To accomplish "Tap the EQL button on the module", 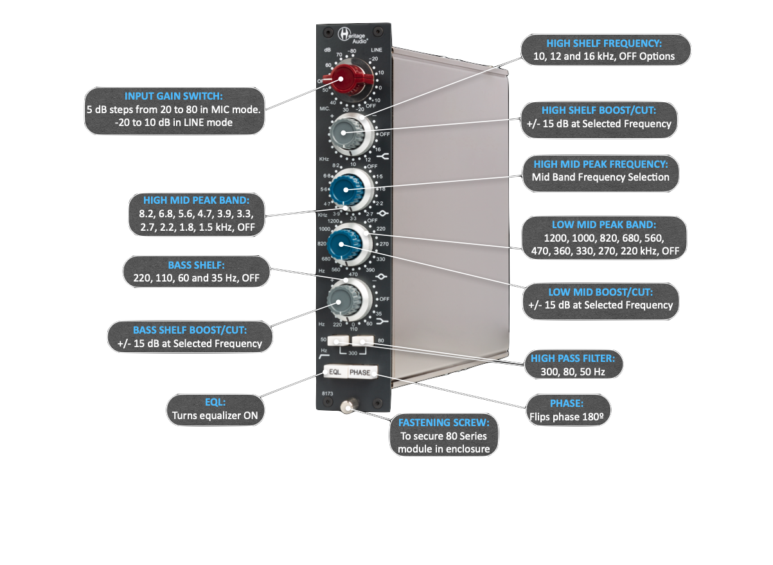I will (x=335, y=372).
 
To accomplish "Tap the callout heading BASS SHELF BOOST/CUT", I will (x=189, y=330).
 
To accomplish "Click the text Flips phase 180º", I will (x=566, y=416).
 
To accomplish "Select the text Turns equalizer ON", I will (x=215, y=415).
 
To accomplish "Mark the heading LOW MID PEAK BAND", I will (x=603, y=225).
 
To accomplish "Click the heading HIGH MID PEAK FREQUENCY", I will (x=601, y=164).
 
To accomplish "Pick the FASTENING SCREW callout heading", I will (x=443, y=423).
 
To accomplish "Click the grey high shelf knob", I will (x=346, y=134).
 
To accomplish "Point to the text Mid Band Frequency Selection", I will (x=601, y=177).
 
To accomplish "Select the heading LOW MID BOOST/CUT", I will (x=601, y=292).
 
